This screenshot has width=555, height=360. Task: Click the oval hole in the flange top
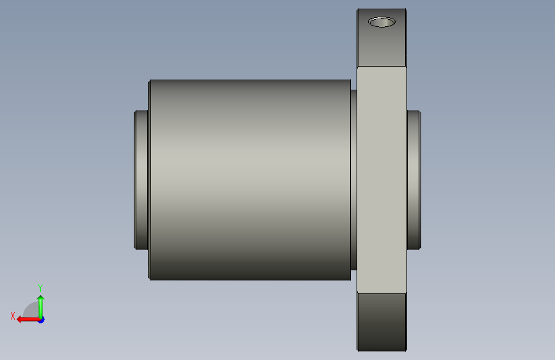tap(382, 22)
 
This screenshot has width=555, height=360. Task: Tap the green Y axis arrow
tap(41, 307)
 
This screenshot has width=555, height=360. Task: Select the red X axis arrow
tap(28, 320)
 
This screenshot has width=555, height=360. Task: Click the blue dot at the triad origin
tap(42, 320)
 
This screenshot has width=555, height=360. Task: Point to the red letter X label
tap(13, 316)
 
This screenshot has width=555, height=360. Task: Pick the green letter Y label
tap(40, 288)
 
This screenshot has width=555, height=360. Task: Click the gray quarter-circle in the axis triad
tap(31, 310)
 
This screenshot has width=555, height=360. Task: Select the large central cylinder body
tap(250, 180)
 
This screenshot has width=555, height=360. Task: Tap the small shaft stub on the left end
tap(141, 180)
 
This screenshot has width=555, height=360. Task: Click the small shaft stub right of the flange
tap(414, 180)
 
